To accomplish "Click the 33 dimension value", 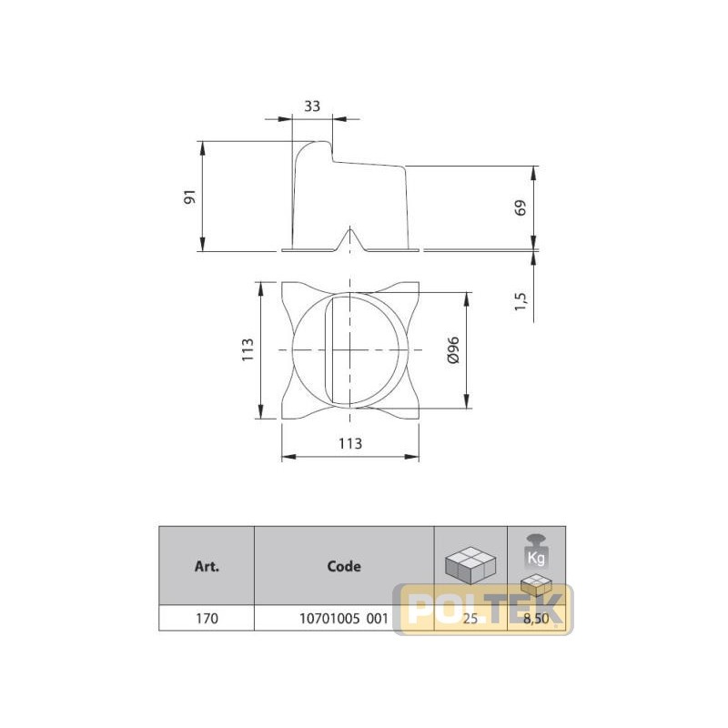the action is click(x=312, y=106).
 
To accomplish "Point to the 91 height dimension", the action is click(x=190, y=197).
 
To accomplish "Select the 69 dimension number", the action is click(x=521, y=207).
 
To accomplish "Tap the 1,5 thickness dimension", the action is click(x=521, y=301).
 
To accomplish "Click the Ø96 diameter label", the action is click(x=452, y=350).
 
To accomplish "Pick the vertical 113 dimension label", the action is click(x=248, y=349).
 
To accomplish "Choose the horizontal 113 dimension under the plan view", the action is click(x=350, y=443).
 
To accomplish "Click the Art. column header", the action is click(x=207, y=566).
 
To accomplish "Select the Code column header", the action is click(x=344, y=566).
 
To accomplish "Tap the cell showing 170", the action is click(x=207, y=619).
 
